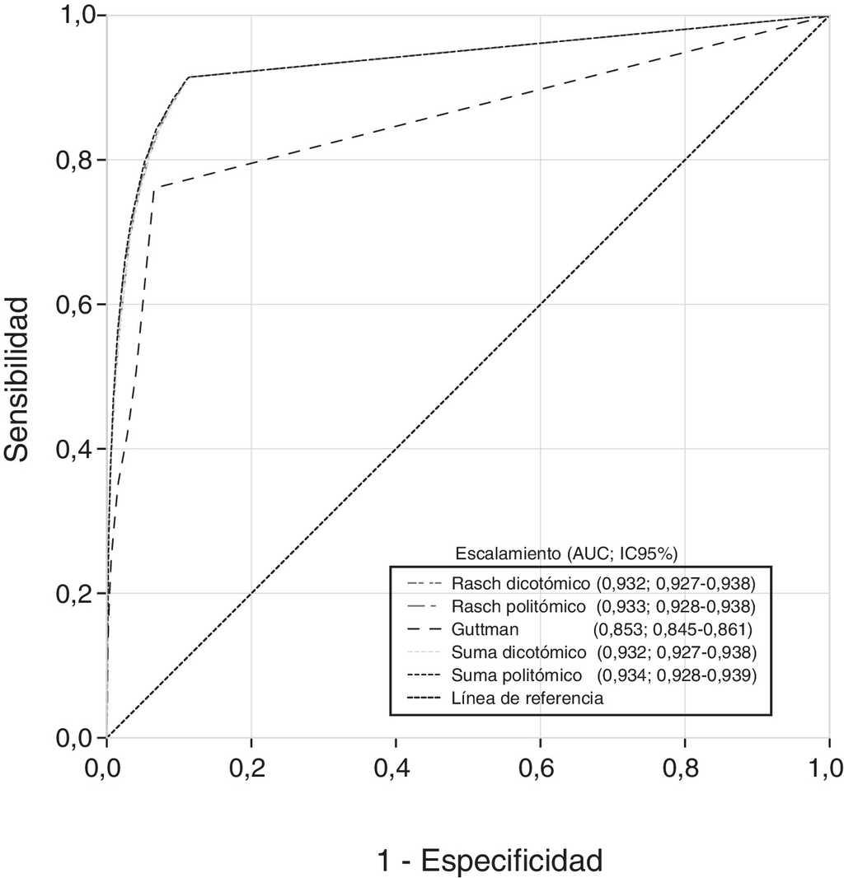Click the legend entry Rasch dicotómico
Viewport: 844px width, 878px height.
[520, 584]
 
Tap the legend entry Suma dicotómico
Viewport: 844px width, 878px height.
[518, 652]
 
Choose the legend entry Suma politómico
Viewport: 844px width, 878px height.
[517, 675]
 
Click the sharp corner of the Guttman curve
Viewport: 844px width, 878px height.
[154, 188]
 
